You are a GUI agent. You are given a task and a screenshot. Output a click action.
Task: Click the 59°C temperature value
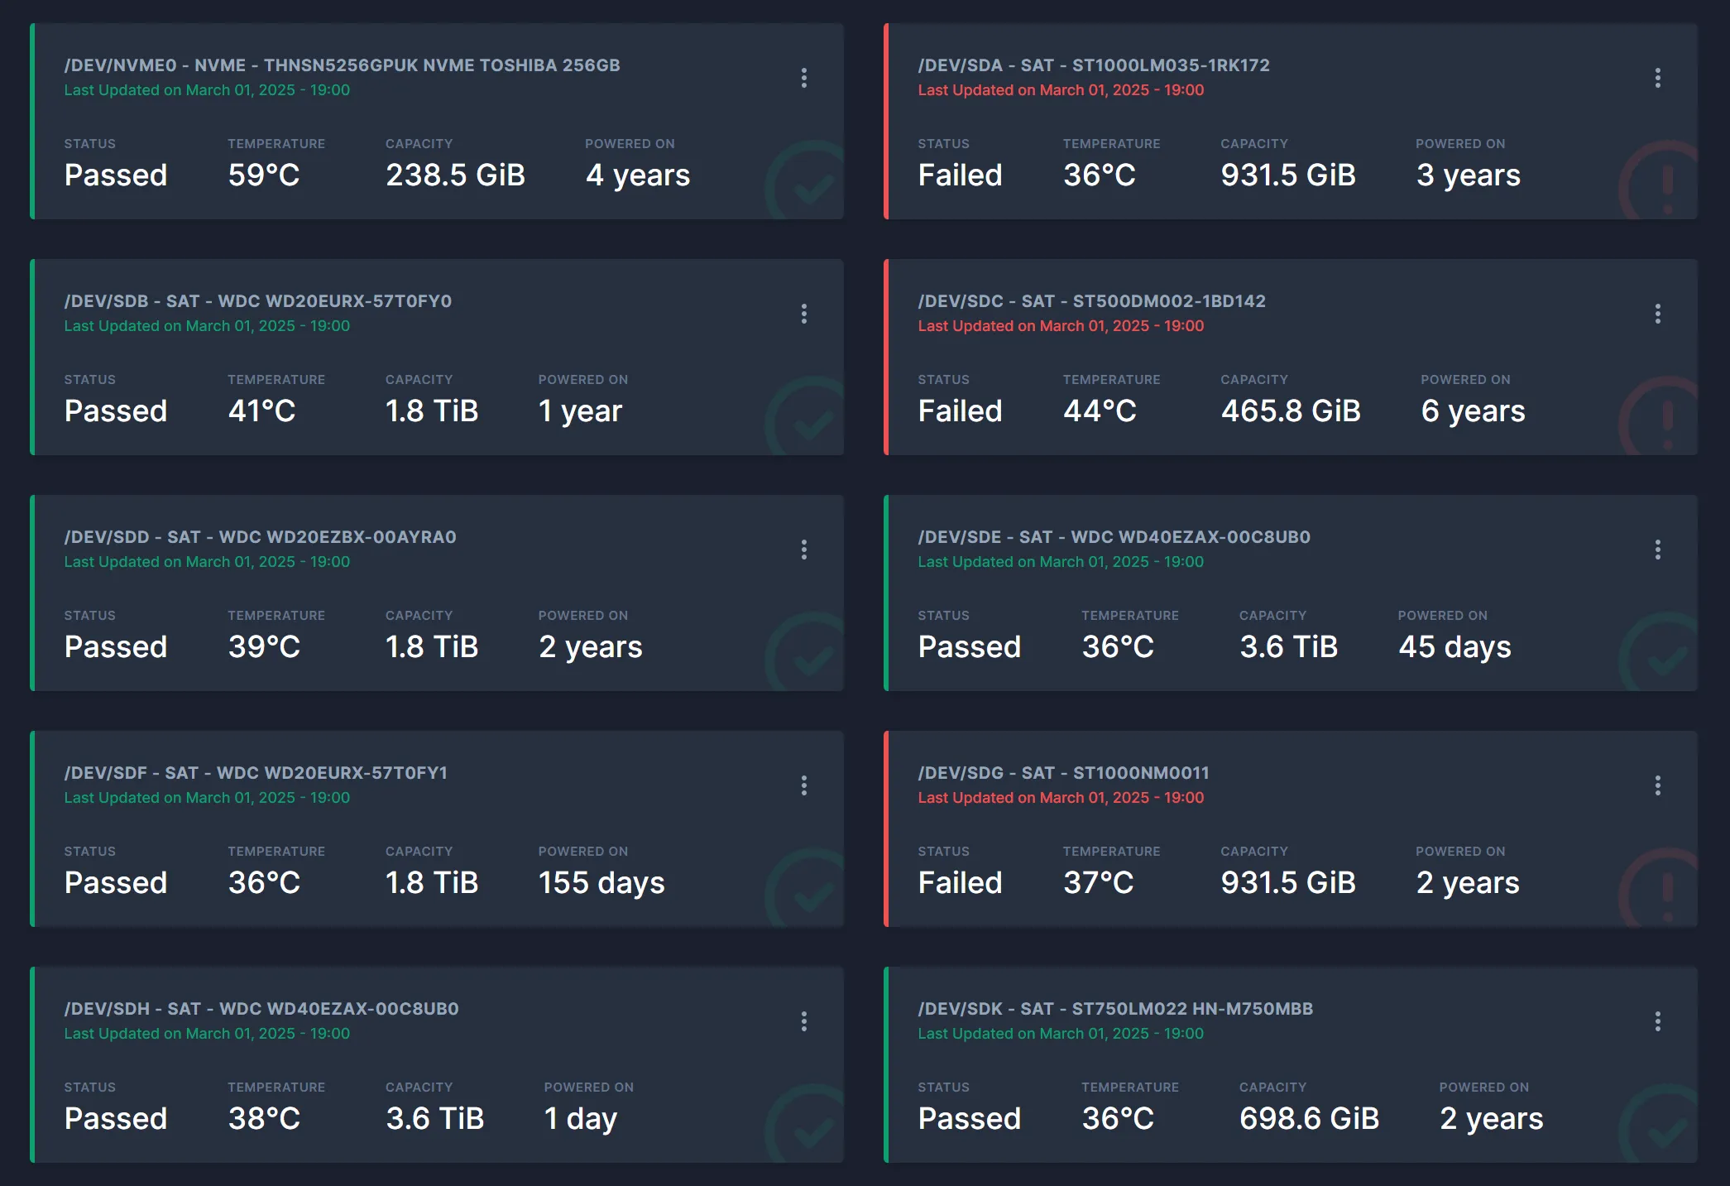pos(264,175)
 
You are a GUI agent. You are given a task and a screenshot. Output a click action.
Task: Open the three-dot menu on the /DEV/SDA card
pos(1657,78)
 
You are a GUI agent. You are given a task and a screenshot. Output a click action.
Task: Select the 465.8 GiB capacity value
pos(1290,411)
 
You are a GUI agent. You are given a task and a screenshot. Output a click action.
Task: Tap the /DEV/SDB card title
pos(258,301)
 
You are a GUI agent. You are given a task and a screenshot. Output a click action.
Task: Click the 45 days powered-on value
pos(1454,647)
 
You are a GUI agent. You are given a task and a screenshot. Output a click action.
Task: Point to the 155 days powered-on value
pos(601,883)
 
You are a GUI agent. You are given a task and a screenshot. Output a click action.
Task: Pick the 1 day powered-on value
pos(580,1119)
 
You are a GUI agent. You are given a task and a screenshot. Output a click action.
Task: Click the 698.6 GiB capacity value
pos(1309,1119)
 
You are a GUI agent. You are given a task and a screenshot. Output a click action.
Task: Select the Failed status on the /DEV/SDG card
pos(960,883)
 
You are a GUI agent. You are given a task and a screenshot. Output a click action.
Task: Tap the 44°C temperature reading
pos(1100,411)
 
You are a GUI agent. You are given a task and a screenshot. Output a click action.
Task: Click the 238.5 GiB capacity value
pos(455,175)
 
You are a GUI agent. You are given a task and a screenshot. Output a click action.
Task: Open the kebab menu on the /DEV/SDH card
pos(803,1021)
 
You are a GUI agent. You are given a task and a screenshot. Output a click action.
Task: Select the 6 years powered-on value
pos(1473,411)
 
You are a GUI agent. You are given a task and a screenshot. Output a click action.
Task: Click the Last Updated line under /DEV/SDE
pos(1061,562)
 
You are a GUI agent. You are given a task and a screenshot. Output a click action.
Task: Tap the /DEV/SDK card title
pos(1115,1009)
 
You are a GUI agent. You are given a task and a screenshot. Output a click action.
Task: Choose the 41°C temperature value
pos(261,411)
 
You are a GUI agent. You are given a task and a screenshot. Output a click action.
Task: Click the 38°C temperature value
pos(264,1119)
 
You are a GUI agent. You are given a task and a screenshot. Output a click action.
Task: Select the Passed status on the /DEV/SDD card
pos(116,647)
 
